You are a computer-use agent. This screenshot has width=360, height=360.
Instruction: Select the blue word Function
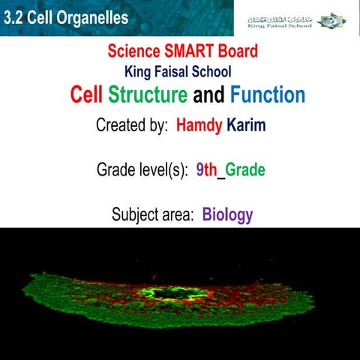coord(268,95)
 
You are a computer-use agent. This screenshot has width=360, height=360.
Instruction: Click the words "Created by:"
coord(131,125)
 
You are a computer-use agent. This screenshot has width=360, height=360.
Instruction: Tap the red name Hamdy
coord(199,125)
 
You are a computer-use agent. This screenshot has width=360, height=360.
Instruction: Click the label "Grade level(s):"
coord(142,170)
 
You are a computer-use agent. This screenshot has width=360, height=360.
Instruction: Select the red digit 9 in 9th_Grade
coord(199,170)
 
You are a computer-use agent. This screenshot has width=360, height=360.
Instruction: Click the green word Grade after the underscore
coord(245,170)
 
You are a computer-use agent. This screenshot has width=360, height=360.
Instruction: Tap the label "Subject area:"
coord(153,215)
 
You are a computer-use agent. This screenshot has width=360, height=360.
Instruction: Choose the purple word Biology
coord(227,215)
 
